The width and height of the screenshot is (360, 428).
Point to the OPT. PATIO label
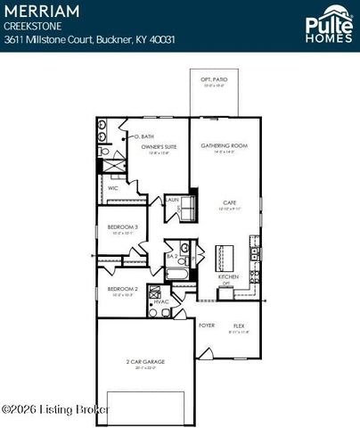213,79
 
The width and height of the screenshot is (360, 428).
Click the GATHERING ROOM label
224,145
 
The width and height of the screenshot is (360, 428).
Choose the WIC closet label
114,188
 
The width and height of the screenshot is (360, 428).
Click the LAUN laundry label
173,199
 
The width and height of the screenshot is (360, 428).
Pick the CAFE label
228,203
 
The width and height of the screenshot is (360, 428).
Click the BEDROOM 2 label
121,289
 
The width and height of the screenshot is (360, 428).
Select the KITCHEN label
228,277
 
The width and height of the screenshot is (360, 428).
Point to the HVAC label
160,302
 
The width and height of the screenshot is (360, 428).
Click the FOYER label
207,325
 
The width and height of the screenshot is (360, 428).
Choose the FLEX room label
239,325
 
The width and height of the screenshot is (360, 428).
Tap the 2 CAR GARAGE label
144,361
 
